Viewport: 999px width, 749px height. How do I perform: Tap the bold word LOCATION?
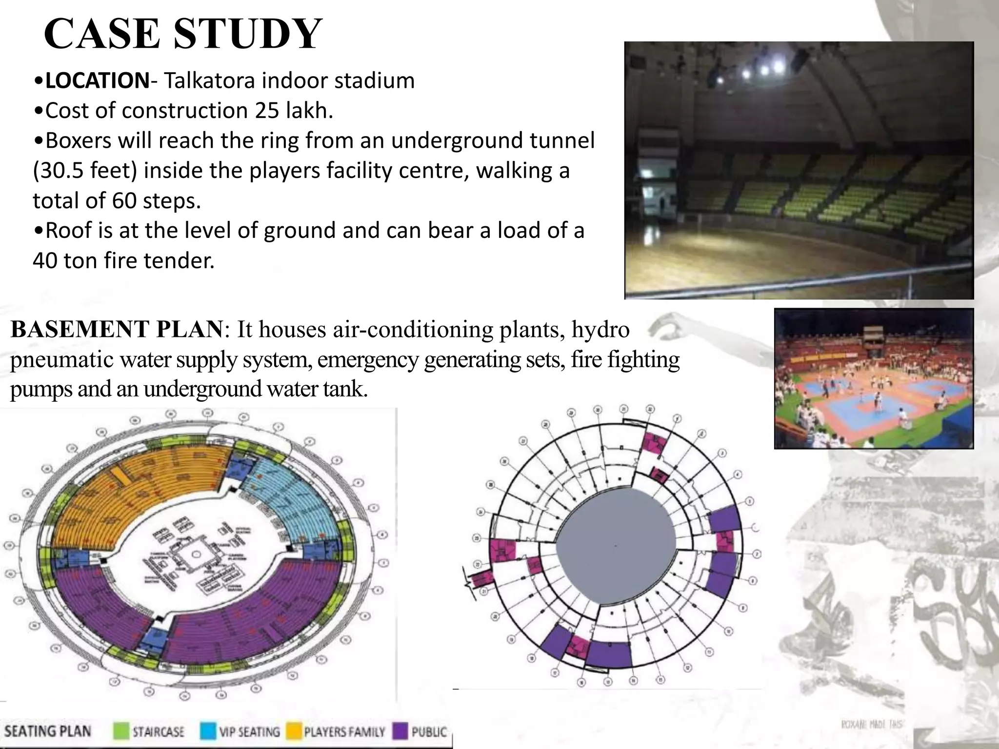coord(97,80)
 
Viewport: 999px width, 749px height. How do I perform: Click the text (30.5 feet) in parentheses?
coord(85,171)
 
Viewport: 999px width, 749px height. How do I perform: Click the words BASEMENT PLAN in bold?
coord(116,329)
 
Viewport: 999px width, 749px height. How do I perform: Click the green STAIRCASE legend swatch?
coord(121,731)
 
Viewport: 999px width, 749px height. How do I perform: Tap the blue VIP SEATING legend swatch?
coord(208,731)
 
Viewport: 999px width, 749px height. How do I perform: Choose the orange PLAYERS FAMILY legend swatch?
coord(293,731)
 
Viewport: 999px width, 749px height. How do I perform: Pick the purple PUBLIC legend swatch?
coord(400,731)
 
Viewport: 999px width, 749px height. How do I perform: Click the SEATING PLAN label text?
coord(48,731)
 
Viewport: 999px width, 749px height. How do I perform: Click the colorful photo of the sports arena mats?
coord(874,378)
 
